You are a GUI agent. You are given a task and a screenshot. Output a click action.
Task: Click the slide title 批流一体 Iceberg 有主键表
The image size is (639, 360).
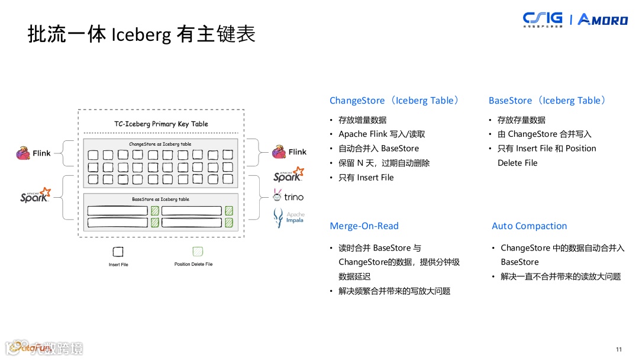click(x=141, y=34)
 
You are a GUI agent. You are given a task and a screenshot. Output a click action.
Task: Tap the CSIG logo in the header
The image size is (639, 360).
click(x=543, y=20)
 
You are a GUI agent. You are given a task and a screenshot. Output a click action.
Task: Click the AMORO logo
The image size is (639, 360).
click(x=602, y=20)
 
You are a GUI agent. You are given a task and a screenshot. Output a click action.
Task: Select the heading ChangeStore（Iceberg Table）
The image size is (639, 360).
click(x=394, y=101)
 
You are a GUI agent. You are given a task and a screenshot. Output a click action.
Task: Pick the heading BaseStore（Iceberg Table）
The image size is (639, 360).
click(x=547, y=101)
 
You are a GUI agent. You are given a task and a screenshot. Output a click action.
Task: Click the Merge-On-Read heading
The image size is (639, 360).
click(x=364, y=226)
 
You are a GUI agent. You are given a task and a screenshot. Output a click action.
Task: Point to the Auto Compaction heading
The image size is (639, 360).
click(x=529, y=226)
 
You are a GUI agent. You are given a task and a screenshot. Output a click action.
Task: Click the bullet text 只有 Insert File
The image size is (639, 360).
click(x=366, y=178)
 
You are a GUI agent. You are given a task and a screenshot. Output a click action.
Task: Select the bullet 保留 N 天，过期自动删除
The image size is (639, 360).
click(x=384, y=163)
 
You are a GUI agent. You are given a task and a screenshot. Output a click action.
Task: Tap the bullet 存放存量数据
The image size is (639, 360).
click(x=521, y=120)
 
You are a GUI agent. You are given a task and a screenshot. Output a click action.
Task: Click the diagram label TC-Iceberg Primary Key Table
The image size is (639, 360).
click(x=161, y=124)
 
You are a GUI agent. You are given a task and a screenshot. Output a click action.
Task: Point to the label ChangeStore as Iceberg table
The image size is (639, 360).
click(x=160, y=144)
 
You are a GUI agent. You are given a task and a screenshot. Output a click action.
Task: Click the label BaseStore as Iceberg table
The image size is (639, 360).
click(x=160, y=199)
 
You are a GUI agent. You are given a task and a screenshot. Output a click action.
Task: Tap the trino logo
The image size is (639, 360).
click(x=288, y=196)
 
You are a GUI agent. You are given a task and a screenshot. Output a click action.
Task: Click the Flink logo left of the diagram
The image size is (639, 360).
click(x=33, y=153)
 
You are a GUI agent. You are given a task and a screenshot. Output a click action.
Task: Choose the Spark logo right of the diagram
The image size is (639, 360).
click(x=288, y=175)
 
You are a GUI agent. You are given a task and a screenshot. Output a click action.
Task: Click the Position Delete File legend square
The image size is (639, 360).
click(x=198, y=252)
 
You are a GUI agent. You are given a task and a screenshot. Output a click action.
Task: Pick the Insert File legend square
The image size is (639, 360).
click(x=118, y=252)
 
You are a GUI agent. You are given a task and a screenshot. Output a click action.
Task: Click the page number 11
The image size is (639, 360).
click(x=619, y=349)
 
